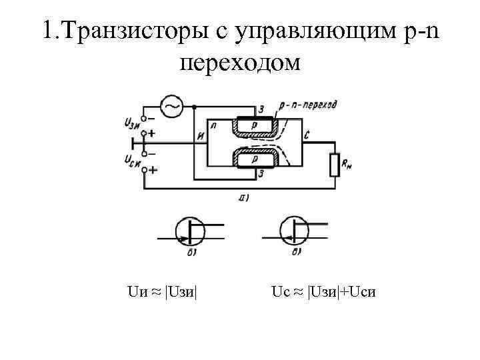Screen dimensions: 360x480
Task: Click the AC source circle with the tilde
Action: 172,106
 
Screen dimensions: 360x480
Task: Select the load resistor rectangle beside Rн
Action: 335,164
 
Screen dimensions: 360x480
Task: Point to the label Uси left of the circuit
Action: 131,160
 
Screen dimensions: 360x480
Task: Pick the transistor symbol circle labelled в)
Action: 294,231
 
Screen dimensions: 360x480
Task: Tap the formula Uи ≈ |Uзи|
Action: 162,291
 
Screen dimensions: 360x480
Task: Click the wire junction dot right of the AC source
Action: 193,107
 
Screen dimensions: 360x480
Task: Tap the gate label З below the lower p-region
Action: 261,175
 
